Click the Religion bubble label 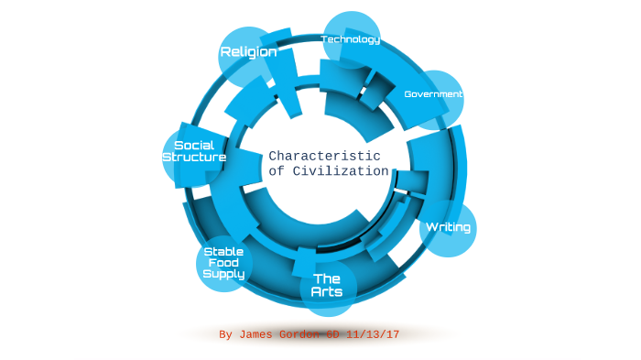[248, 52]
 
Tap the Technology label [351, 39]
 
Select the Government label [433, 94]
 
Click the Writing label [449, 226]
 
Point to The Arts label [327, 285]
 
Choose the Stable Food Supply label [223, 262]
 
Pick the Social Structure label [193, 151]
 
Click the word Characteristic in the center [324, 156]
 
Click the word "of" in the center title [276, 172]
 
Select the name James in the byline [259, 334]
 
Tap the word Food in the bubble [223, 262]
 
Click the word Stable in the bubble [223, 251]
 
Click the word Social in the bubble [193, 145]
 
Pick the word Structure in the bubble [193, 158]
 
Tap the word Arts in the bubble [327, 292]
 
